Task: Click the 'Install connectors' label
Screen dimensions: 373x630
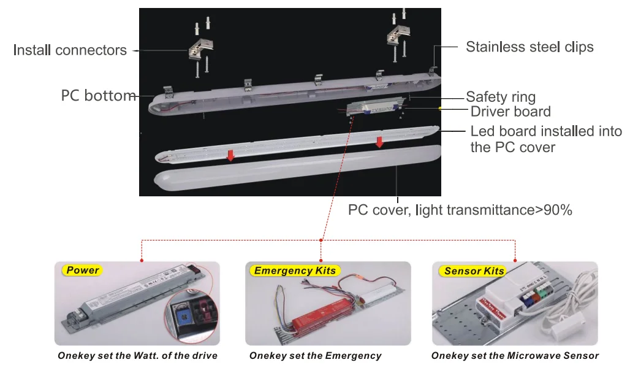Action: [70, 50]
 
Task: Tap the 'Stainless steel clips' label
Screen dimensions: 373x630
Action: [529, 47]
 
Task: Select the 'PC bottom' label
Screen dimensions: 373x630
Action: [98, 96]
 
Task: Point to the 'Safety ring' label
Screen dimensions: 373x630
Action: [501, 97]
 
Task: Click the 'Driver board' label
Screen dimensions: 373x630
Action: [510, 112]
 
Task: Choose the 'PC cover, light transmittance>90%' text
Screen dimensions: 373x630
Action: [460, 210]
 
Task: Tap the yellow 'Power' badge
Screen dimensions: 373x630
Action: [83, 270]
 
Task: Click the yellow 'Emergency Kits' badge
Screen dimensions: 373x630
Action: [295, 271]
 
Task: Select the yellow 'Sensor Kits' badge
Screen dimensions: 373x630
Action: [474, 271]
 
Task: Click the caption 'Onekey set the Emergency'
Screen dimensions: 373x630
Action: [315, 356]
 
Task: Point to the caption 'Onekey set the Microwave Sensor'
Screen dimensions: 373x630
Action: [515, 356]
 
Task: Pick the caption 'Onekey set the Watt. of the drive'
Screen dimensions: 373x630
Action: [137, 356]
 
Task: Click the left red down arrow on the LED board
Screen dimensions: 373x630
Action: [230, 156]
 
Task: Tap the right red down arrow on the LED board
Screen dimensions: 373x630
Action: [379, 142]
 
